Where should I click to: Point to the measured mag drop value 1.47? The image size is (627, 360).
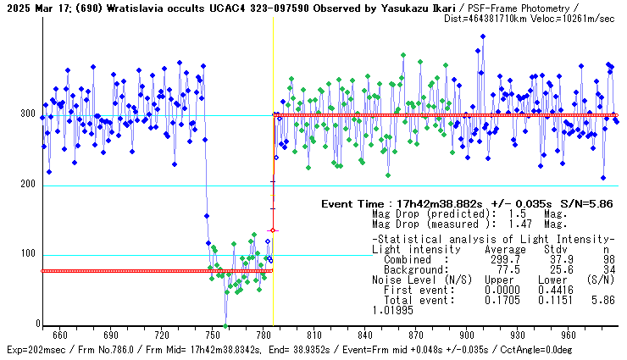click(x=507, y=224)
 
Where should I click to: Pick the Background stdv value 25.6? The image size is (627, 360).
click(x=556, y=269)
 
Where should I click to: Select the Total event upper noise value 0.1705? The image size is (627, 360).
click(x=502, y=300)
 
